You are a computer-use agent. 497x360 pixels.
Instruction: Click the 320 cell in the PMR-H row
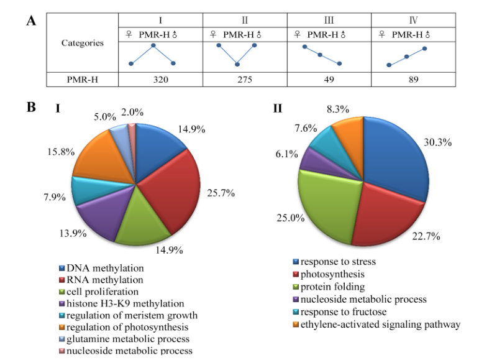pos(153,80)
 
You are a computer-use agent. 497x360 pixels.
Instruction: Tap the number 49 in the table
pos(322,80)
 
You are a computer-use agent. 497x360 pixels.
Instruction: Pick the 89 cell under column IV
pos(406,80)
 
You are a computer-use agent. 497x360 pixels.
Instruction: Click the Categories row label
pos(82,44)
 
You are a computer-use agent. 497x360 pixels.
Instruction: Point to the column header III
pos(321,20)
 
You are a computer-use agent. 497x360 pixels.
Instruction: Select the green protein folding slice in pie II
pos(326,199)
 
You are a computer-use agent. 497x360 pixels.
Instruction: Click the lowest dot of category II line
pos(237,64)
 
